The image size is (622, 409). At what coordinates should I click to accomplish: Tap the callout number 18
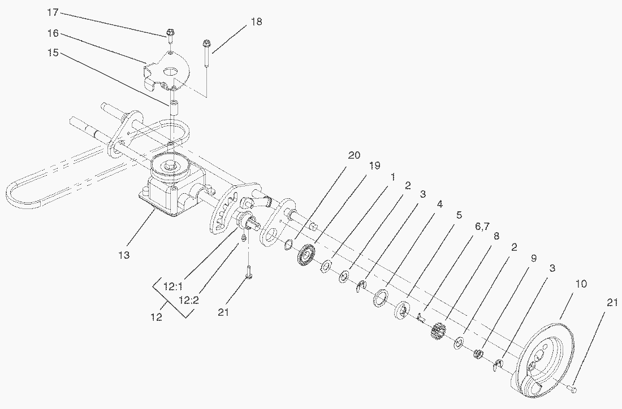pyautogui.click(x=256, y=21)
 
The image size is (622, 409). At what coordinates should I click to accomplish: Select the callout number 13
pyautogui.click(x=124, y=255)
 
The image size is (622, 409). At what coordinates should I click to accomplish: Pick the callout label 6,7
pyautogui.click(x=482, y=226)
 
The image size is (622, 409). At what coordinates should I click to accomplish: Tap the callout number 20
pyautogui.click(x=354, y=156)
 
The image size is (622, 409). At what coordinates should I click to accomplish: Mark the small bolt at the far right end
pyautogui.click(x=572, y=389)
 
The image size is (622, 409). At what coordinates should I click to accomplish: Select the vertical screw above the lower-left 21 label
pyautogui.click(x=249, y=272)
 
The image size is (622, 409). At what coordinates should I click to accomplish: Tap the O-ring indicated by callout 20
pyautogui.click(x=288, y=244)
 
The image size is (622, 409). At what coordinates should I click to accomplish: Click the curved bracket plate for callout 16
pyautogui.click(x=170, y=71)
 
